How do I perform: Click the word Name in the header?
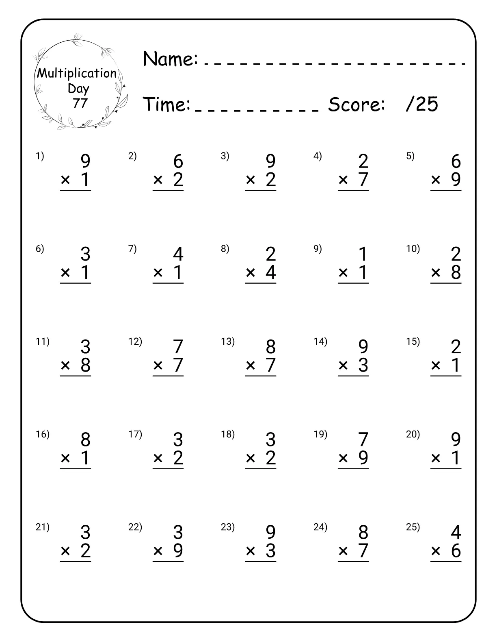point(170,59)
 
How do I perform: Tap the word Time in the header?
point(166,104)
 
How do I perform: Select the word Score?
point(356,104)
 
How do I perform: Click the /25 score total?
point(422,104)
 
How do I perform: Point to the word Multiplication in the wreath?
point(77,74)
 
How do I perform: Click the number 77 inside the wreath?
point(80,103)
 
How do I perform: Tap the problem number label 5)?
point(411,156)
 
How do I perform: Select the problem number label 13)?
point(227,342)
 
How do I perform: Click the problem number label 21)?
point(42,527)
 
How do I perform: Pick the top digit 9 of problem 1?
point(85,161)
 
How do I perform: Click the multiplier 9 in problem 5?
point(456,180)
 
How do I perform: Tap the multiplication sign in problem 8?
point(251,272)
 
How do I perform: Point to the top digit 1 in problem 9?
point(363,255)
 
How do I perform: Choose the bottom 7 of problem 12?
point(178,365)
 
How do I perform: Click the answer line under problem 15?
point(446,376)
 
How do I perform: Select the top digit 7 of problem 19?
point(363,440)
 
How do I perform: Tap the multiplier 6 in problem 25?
point(456,551)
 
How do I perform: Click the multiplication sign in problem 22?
point(158,551)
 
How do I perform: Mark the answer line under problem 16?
point(76,469)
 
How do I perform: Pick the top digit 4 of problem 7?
point(178,255)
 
